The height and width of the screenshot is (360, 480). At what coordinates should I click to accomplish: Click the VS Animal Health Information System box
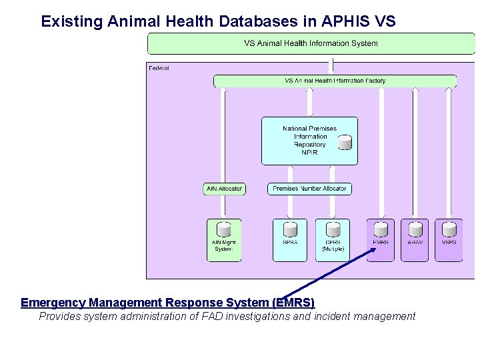click(x=311, y=43)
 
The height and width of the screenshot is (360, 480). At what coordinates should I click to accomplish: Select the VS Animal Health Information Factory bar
click(x=335, y=81)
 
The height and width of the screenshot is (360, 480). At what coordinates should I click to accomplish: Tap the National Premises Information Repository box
click(x=309, y=141)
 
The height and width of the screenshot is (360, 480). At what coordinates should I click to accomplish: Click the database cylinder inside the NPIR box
click(x=345, y=142)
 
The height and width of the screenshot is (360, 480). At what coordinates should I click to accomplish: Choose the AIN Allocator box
click(x=224, y=189)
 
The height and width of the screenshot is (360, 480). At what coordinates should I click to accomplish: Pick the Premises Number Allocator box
click(x=309, y=189)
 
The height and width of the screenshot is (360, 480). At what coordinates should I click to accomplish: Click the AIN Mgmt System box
click(x=223, y=240)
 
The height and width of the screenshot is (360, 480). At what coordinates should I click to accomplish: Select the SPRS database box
click(x=290, y=240)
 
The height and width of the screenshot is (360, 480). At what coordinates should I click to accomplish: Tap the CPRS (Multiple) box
click(x=333, y=240)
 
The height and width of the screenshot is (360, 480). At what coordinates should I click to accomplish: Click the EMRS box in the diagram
click(x=381, y=240)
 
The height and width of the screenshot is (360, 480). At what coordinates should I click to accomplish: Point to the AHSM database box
click(x=415, y=240)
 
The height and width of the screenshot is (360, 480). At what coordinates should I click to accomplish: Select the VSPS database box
click(x=449, y=240)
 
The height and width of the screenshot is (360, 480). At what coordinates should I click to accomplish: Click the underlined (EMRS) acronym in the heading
click(x=293, y=303)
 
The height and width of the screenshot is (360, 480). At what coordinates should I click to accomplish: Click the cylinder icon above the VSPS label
click(x=449, y=229)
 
